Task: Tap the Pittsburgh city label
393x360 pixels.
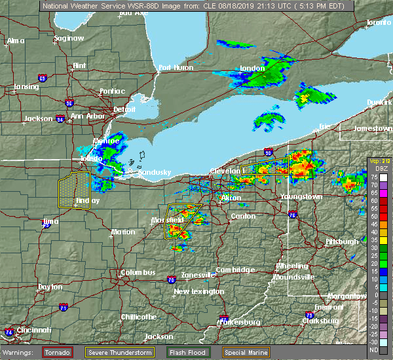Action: coord(343,242)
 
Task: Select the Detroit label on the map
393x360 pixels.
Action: coord(124,109)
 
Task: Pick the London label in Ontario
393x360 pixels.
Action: coord(252,68)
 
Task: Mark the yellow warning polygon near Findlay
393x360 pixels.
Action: coord(73,189)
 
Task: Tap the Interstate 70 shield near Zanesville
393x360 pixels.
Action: coord(171,280)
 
